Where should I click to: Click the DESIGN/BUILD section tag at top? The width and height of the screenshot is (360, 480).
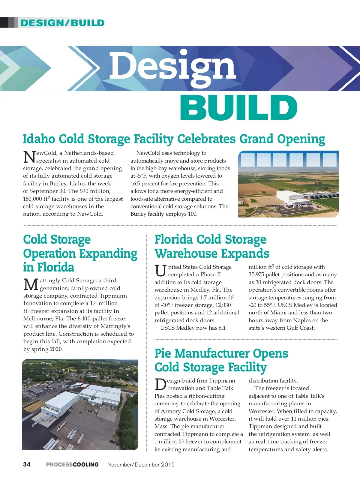[x=62, y=23]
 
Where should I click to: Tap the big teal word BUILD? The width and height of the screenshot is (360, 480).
[x=238, y=107]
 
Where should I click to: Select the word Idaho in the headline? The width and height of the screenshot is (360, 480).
[x=39, y=139]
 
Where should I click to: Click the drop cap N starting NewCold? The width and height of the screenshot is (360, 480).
[x=29, y=157]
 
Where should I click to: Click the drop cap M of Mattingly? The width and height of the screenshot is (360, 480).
[x=31, y=285]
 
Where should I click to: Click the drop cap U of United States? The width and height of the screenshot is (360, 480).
[x=160, y=271]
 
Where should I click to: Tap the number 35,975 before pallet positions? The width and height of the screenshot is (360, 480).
[x=259, y=274]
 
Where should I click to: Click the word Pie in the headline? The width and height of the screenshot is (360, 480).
[x=163, y=353]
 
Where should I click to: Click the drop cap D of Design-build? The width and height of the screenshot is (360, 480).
[x=160, y=385]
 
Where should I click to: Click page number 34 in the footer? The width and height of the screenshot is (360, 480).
[x=27, y=464]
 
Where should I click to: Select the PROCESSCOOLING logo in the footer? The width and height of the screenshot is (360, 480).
[x=72, y=464]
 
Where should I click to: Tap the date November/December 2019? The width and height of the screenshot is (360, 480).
[x=141, y=464]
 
